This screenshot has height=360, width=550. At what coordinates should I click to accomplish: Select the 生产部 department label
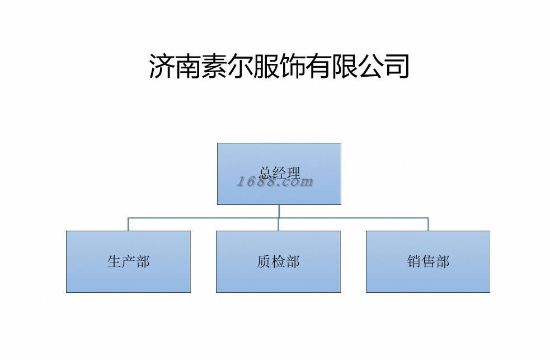pyautogui.click(x=128, y=261)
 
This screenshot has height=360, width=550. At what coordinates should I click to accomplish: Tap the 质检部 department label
pyautogui.click(x=278, y=261)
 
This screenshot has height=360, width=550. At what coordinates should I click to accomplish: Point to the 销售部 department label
pyautogui.click(x=428, y=261)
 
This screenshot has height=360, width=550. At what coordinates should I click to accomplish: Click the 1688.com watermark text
pyautogui.click(x=275, y=181)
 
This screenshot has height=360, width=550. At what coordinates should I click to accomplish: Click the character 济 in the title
pyautogui.click(x=162, y=66)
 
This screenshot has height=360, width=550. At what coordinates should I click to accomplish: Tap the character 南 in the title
pyautogui.click(x=189, y=66)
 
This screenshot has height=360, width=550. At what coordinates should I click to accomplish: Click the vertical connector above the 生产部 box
pyautogui.click(x=128, y=224)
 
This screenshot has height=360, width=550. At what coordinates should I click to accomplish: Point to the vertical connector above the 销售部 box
pyautogui.click(x=428, y=224)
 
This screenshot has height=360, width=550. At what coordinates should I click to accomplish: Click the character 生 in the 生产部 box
pyautogui.click(x=114, y=261)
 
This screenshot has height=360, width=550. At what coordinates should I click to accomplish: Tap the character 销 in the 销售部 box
pyautogui.click(x=414, y=261)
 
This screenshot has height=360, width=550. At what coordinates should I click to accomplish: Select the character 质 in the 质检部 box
pyautogui.click(x=264, y=261)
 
